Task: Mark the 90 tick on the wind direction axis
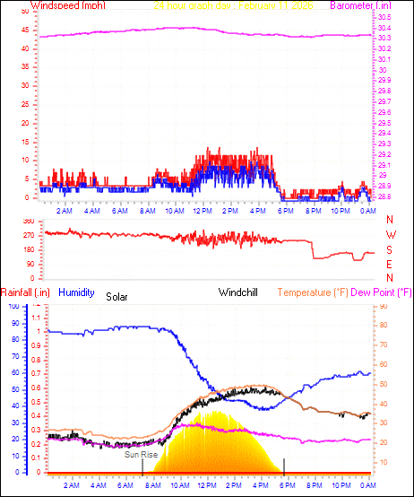29,265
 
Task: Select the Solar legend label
117,296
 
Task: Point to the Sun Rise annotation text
141,456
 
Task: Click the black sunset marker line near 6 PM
284,465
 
